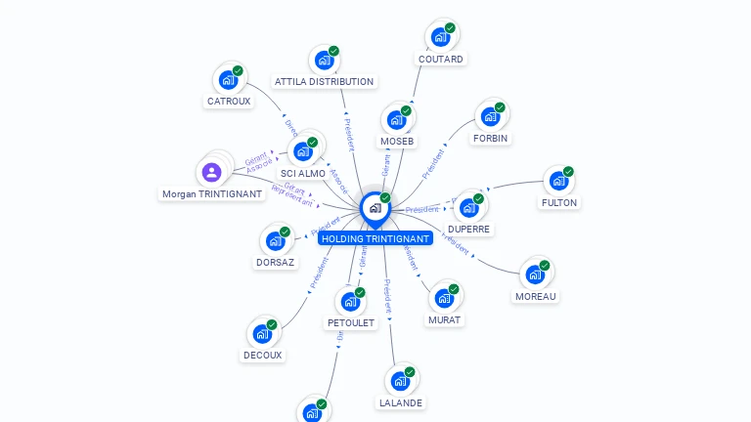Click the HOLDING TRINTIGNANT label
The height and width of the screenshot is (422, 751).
tap(375, 238)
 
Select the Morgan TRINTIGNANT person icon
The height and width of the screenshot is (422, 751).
tap(212, 173)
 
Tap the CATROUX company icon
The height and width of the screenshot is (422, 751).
tap(229, 80)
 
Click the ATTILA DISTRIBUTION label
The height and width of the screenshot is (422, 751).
tap(324, 82)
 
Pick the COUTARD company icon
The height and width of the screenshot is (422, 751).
tap(441, 37)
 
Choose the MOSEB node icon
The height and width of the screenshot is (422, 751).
tap(396, 120)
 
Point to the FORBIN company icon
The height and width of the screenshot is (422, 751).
tap(490, 117)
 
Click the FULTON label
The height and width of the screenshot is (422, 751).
tap(559, 203)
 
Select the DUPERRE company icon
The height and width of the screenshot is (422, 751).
tap(469, 208)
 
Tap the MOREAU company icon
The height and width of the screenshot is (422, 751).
tap(535, 274)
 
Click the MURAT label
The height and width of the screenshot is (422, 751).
tap(444, 319)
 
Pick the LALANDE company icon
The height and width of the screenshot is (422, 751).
tap(400, 381)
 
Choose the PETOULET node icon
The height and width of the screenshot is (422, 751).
tap(350, 302)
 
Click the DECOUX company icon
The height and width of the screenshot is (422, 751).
tap(262, 334)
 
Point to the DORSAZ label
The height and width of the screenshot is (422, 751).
tap(275, 262)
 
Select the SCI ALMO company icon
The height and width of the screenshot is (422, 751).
tap(303, 151)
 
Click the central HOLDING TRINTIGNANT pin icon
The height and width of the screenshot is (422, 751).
tap(375, 207)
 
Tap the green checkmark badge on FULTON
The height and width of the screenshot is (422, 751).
tap(568, 172)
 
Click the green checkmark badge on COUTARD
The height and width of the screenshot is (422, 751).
tap(450, 28)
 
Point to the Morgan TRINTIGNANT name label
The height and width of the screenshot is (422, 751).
tap(212, 193)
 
